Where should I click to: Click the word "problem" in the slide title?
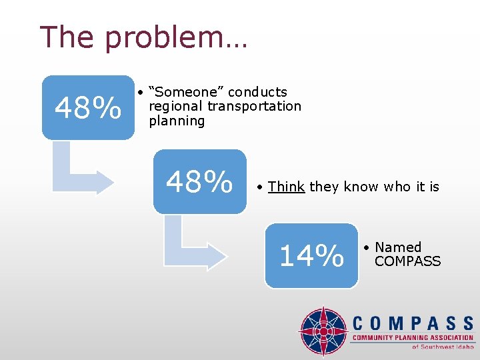point(176,38)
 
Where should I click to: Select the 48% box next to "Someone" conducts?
point(88,107)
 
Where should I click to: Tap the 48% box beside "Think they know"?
point(199,181)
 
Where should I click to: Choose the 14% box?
point(311,255)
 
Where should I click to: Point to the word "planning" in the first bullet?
point(177,121)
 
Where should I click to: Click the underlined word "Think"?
point(286,187)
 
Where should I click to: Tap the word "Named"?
point(398,247)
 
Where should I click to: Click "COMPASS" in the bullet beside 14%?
point(407,261)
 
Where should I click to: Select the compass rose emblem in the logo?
point(323,331)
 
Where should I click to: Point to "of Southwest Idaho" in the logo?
point(442,347)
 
